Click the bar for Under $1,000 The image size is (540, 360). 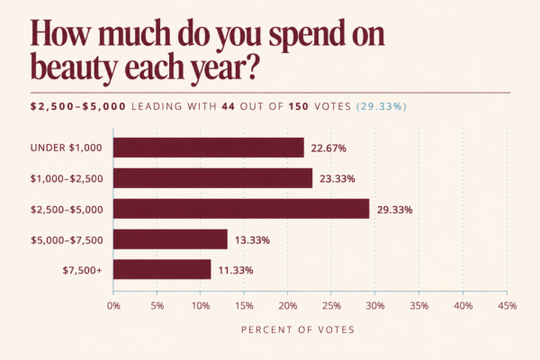[x=209, y=148]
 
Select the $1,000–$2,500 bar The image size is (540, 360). [x=212, y=178]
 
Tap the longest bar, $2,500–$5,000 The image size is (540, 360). [x=241, y=209]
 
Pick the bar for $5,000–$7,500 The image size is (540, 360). [x=170, y=239]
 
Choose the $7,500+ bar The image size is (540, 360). [x=162, y=269]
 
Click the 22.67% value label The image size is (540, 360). [x=328, y=148]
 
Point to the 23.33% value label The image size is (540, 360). [x=337, y=179]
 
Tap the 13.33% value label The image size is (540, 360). [x=252, y=240]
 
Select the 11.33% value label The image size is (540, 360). [x=236, y=270]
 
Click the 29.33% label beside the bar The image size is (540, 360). [x=395, y=210]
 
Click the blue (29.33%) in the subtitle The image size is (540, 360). [x=382, y=106]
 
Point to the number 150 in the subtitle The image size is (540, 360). [x=299, y=106]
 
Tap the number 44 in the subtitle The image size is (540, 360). [x=229, y=106]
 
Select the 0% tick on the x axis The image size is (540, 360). [x=113, y=306]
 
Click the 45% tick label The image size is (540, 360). [x=508, y=306]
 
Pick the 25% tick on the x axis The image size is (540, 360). [x=331, y=306]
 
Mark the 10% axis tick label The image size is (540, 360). [x=201, y=306]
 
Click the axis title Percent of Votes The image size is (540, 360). [x=298, y=329]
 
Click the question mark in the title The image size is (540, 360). [x=252, y=66]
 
